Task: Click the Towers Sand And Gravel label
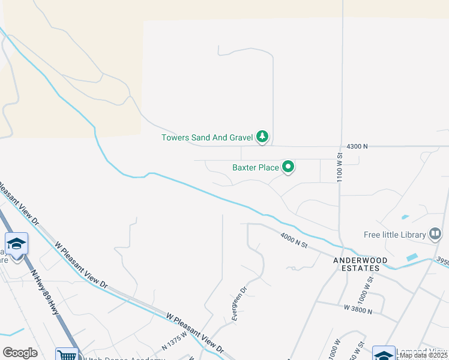click(206, 137)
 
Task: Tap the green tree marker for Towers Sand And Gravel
click(262, 137)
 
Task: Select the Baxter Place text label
click(255, 167)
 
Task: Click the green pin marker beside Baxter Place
click(288, 167)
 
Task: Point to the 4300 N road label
click(357, 146)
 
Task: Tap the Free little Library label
click(394, 235)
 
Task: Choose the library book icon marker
click(436, 235)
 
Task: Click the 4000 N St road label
click(294, 240)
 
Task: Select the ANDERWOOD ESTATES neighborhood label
click(360, 265)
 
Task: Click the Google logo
click(20, 353)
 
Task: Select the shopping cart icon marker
click(67, 355)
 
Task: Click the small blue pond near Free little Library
click(412, 257)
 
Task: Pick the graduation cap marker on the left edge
click(17, 244)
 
